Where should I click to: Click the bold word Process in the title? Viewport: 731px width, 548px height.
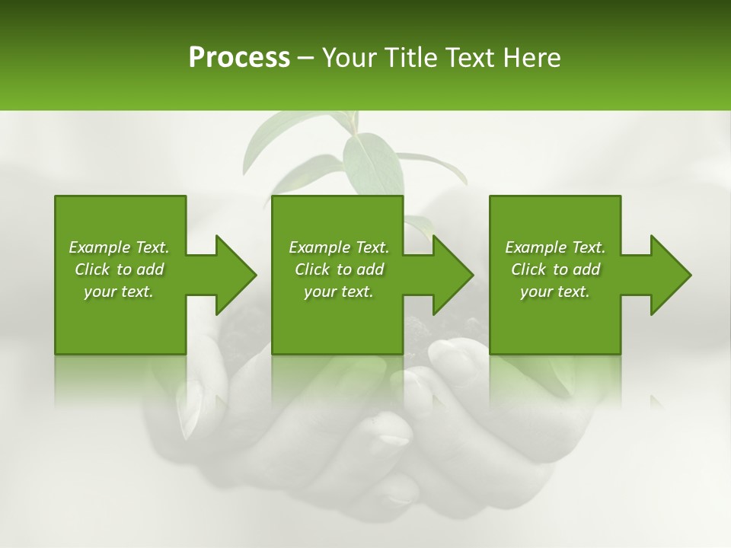click(x=239, y=58)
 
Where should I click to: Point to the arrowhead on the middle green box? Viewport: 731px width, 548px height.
click(x=450, y=275)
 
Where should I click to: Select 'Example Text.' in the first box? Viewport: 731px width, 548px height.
click(x=119, y=247)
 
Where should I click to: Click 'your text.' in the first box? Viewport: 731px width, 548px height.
click(x=119, y=292)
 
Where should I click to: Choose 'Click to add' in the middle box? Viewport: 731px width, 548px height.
click(x=339, y=269)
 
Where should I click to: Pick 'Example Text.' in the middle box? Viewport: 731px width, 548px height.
click(x=339, y=247)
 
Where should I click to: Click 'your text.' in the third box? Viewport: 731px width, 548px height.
click(x=555, y=292)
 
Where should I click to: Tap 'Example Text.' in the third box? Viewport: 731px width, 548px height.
click(x=555, y=247)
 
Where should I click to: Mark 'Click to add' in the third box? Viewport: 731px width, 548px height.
click(x=555, y=269)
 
